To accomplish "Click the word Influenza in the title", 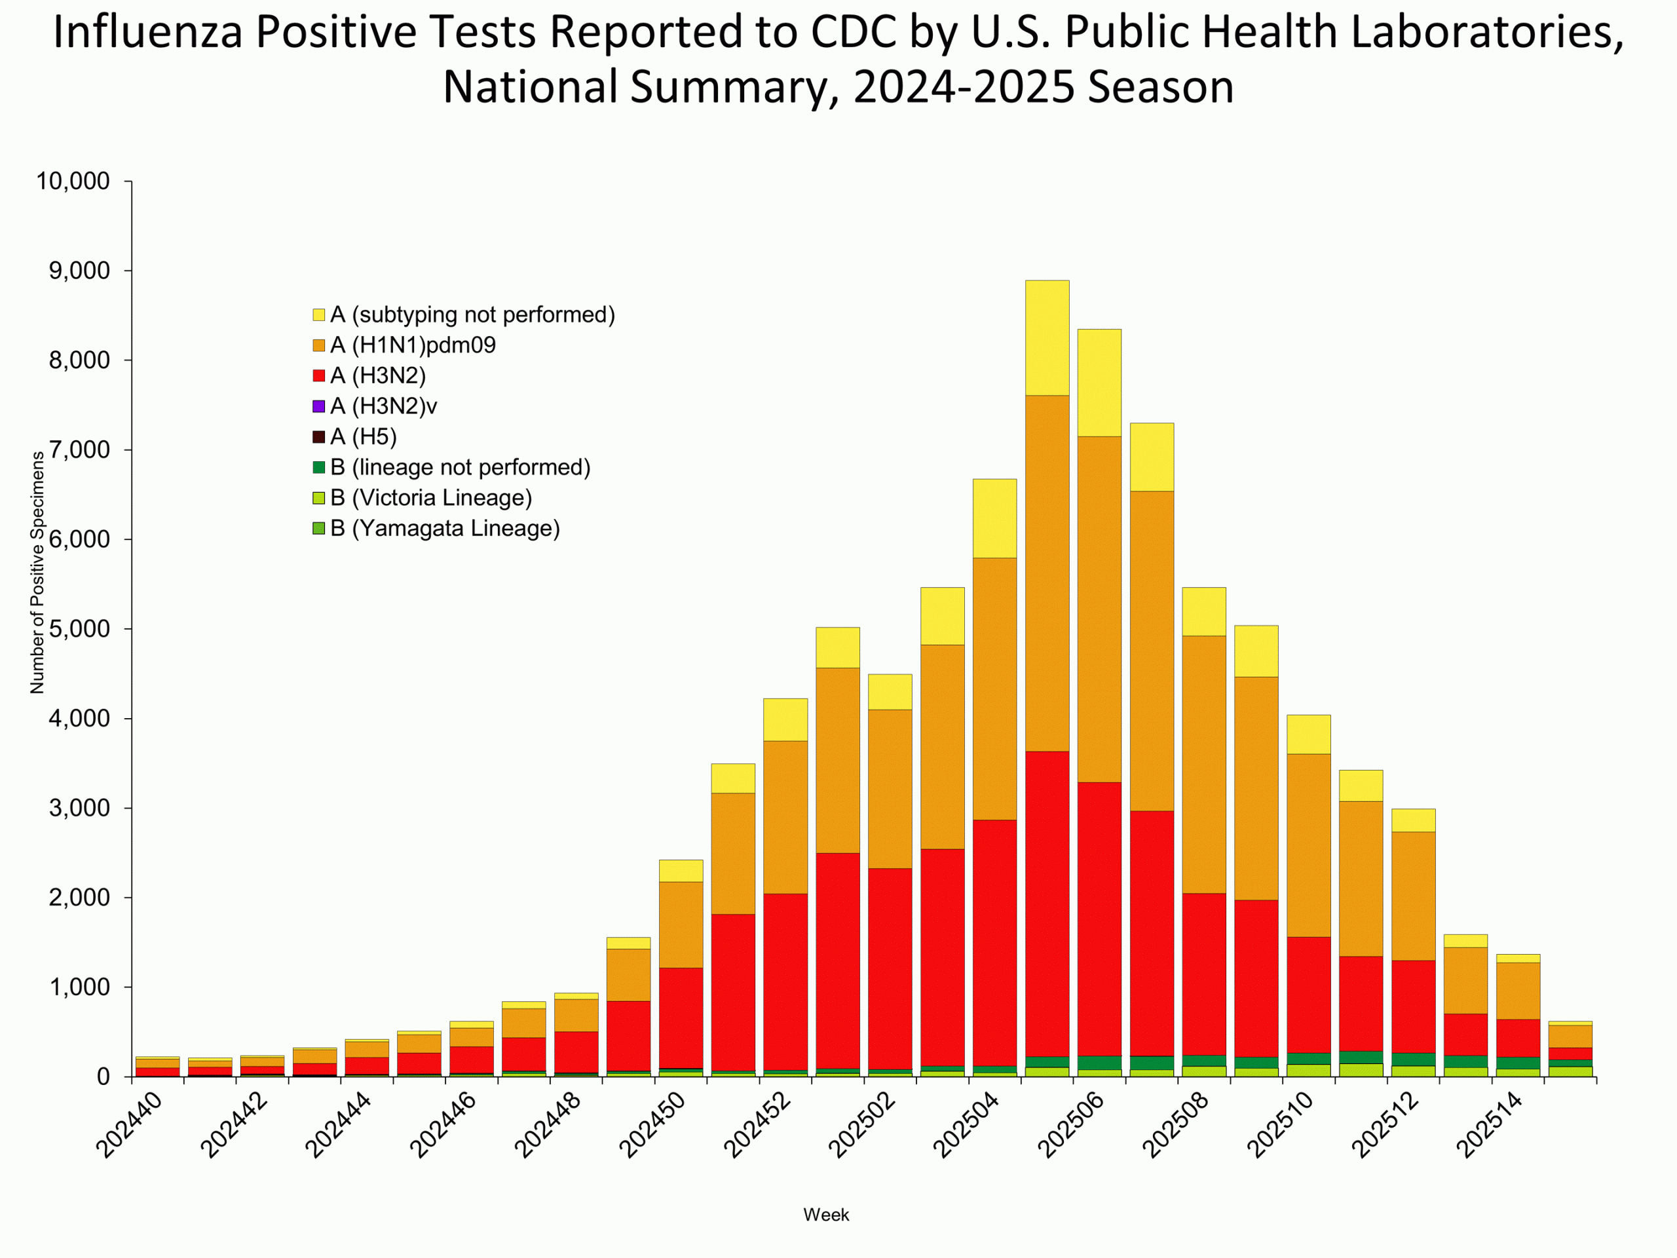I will click(x=147, y=33).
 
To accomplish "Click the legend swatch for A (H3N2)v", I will click(x=319, y=406).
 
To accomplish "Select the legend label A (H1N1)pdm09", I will click(x=413, y=346).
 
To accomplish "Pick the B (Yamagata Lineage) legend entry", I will click(x=445, y=529).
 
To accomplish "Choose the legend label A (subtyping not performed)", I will click(x=472, y=314).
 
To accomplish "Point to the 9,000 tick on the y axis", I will click(x=80, y=271).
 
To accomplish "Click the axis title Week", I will click(x=826, y=1215).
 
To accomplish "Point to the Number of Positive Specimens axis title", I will click(x=37, y=573).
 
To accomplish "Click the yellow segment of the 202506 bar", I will click(x=1099, y=383).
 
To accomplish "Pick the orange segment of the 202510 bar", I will click(x=1309, y=845).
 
